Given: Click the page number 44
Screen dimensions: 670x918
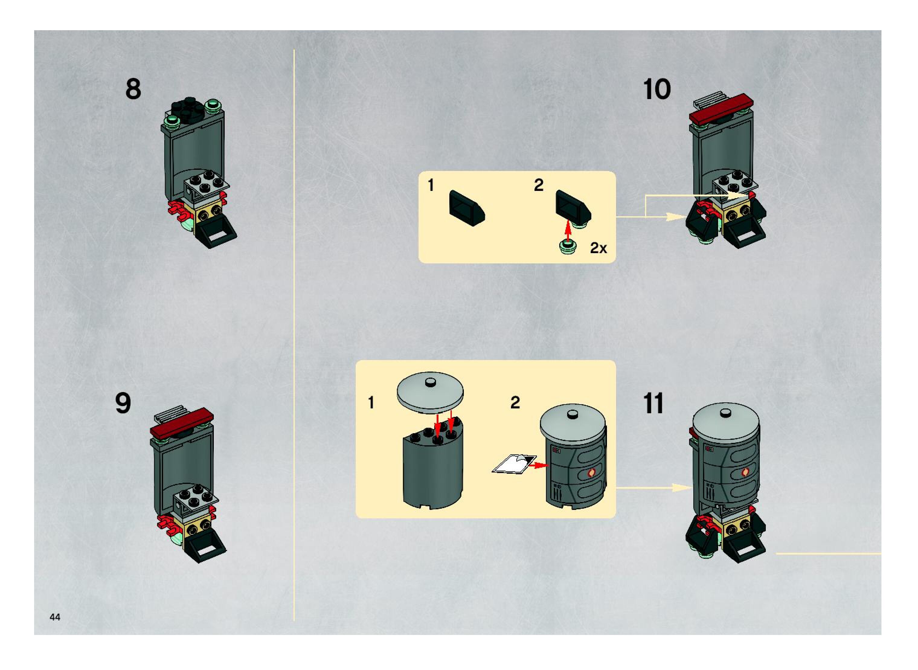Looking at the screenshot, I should click(55, 617).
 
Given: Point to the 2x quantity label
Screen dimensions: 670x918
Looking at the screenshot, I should click(599, 248).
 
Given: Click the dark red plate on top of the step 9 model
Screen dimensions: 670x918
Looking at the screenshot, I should click(182, 423).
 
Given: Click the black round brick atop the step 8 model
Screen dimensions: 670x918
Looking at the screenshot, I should click(187, 108).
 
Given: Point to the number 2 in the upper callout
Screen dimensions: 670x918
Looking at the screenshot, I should click(538, 185).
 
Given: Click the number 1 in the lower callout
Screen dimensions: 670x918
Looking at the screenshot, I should click(371, 403).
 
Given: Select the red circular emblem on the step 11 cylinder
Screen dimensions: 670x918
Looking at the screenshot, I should click(745, 472).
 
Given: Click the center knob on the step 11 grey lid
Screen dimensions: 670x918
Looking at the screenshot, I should click(725, 413).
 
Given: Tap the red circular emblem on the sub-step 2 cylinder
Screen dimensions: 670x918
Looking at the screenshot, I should click(592, 473).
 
